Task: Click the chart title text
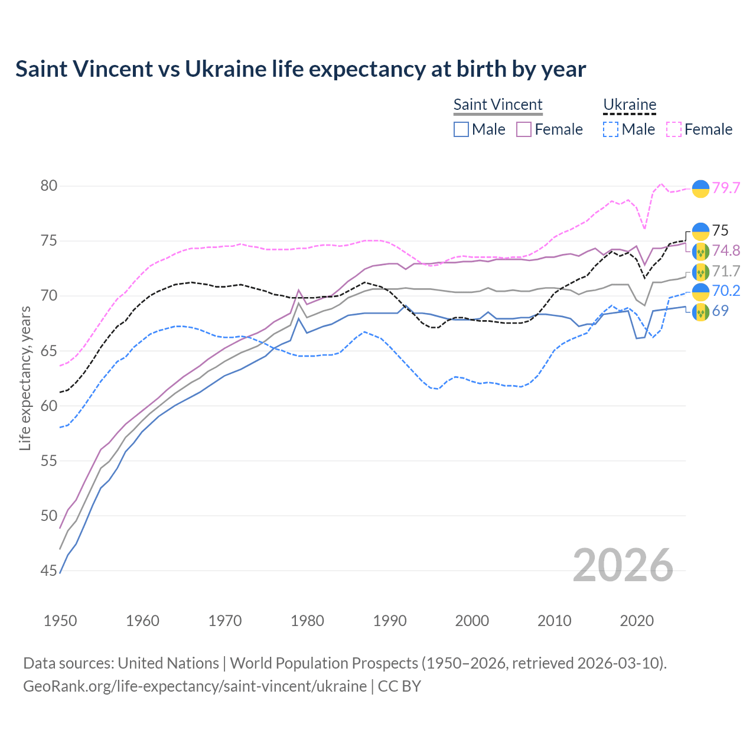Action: [x=301, y=69]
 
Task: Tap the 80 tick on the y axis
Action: [x=49, y=186]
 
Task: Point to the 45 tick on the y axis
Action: [x=49, y=571]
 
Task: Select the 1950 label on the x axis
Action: [x=60, y=621]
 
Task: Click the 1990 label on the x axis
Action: [x=390, y=621]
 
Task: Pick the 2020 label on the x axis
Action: [x=637, y=621]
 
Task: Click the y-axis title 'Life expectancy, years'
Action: [x=25, y=378]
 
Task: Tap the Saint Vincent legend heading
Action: [x=498, y=105]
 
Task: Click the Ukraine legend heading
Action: [x=630, y=105]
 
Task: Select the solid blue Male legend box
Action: [x=461, y=129]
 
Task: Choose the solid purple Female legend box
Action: [x=524, y=129]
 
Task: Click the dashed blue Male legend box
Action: [x=611, y=129]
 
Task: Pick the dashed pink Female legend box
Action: [x=674, y=129]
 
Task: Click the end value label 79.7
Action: [x=726, y=188]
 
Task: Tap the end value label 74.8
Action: [x=726, y=250]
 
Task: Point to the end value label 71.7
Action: [x=726, y=271]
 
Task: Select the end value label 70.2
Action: [x=726, y=291]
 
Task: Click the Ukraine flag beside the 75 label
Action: [x=700, y=231]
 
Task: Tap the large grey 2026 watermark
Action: [x=623, y=565]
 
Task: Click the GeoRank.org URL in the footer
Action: [x=195, y=686]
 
